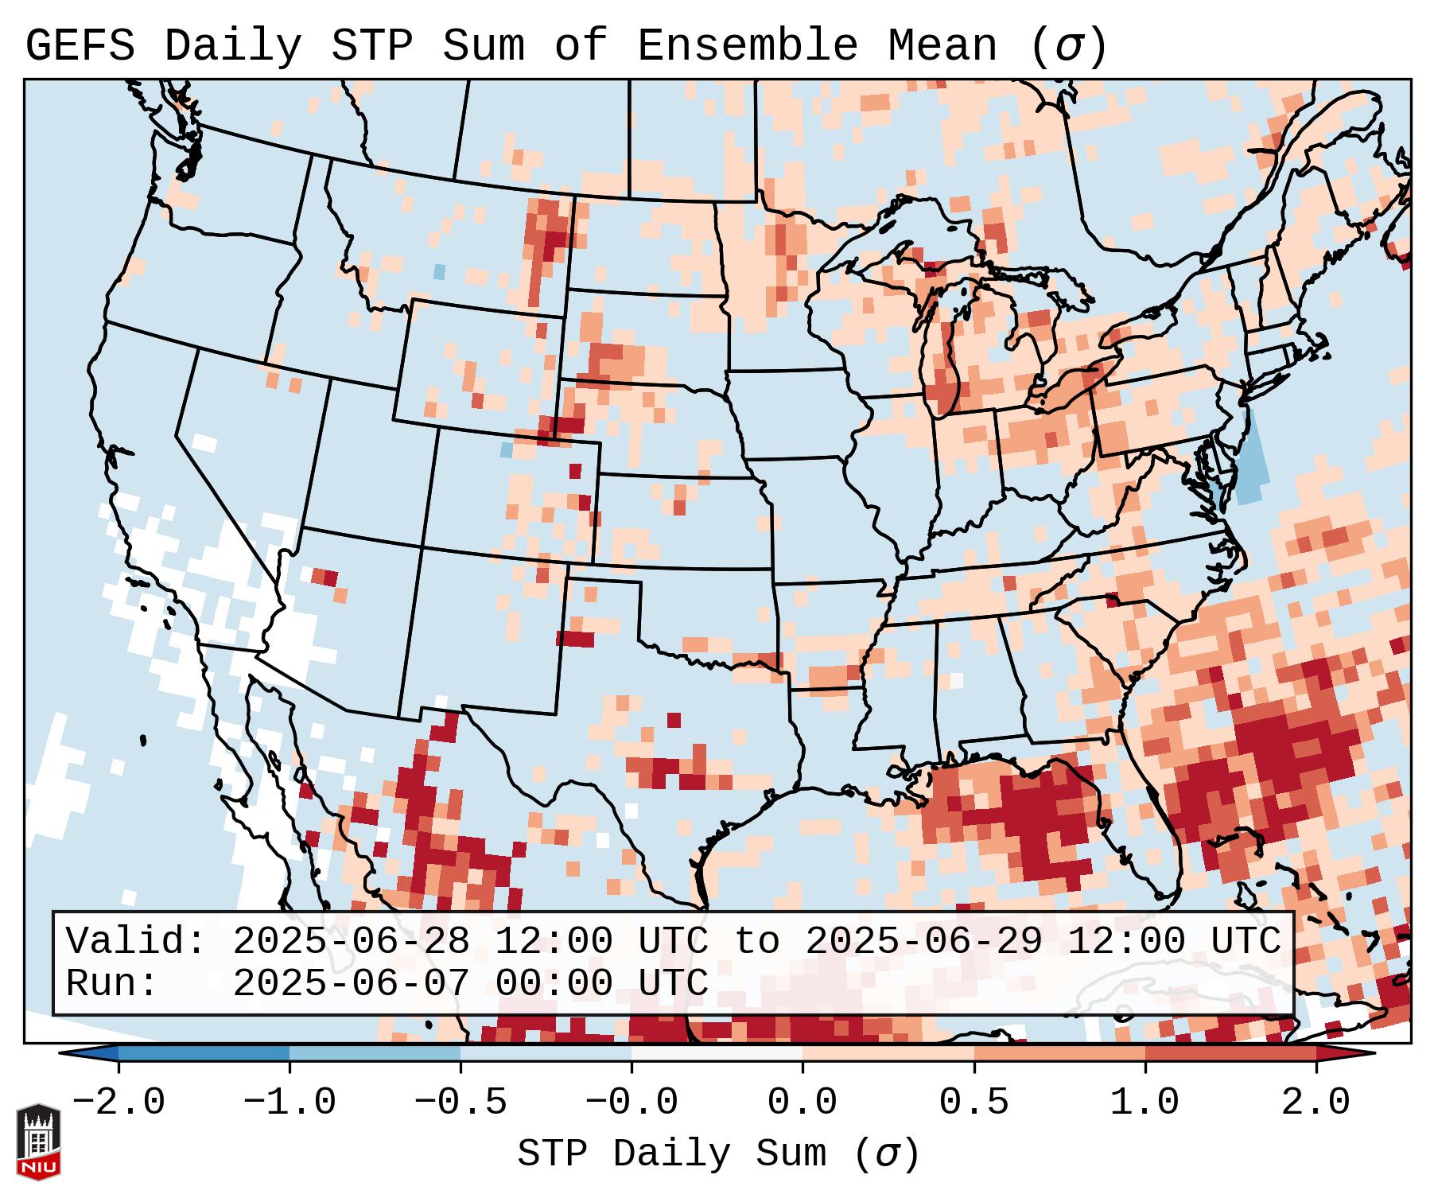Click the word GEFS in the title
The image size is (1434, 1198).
pyautogui.click(x=80, y=45)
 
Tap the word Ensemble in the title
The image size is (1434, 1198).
pyautogui.click(x=747, y=45)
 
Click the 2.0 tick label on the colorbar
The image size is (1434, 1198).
pyautogui.click(x=1315, y=1102)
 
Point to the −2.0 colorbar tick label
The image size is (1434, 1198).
pyautogui.click(x=119, y=1102)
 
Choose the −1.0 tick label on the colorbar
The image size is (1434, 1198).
pyautogui.click(x=289, y=1102)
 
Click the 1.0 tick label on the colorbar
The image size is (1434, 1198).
pyautogui.click(x=1144, y=1102)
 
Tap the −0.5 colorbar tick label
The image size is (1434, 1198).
pyautogui.click(x=461, y=1102)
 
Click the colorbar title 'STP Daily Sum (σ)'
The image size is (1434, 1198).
pyautogui.click(x=718, y=1153)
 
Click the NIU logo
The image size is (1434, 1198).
pyautogui.click(x=38, y=1142)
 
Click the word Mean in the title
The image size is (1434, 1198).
pyautogui.click(x=942, y=45)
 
